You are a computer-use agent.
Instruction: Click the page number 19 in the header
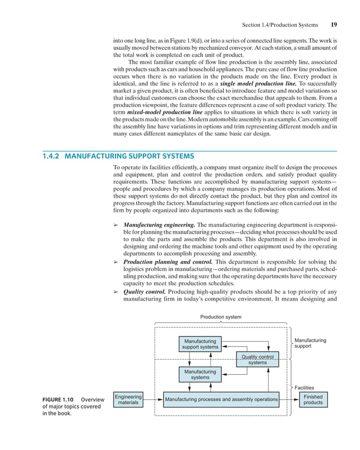pyautogui.click(x=334, y=25)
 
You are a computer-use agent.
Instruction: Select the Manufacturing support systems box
pyautogui.click(x=200, y=344)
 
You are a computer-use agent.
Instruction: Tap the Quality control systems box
pyautogui.click(x=257, y=360)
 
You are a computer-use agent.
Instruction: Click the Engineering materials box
pyautogui.click(x=128, y=400)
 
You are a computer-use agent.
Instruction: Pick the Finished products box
pyautogui.click(x=313, y=400)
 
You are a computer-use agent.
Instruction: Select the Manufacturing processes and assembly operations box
pyautogui.click(x=221, y=400)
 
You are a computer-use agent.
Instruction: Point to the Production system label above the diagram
pyautogui.click(x=221, y=317)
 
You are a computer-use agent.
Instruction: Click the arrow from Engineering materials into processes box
pyautogui.click(x=152, y=400)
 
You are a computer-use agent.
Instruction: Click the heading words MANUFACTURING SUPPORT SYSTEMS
pyautogui.click(x=130, y=156)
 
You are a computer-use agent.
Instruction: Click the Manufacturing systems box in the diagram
pyautogui.click(x=200, y=374)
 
